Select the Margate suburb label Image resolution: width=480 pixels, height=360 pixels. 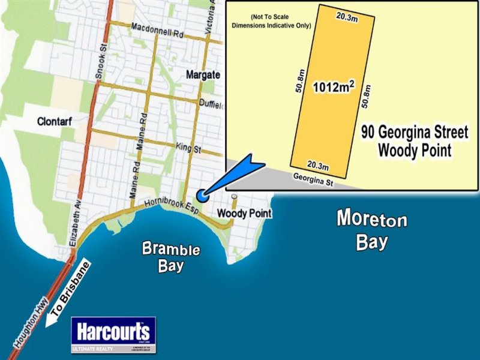203,75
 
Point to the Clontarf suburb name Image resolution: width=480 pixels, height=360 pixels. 55,122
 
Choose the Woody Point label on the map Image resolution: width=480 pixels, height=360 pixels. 244,213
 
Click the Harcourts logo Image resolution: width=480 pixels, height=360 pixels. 113,335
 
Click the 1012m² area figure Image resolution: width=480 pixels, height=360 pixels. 334,88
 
